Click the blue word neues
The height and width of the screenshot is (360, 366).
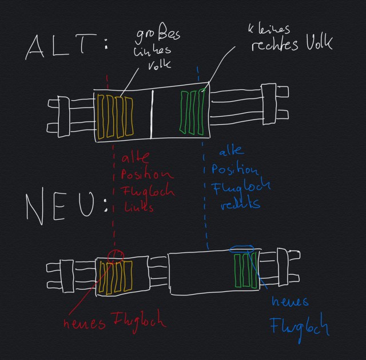coord(291,301)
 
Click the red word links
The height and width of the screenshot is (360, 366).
coord(135,207)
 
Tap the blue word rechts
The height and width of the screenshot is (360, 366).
coord(241,204)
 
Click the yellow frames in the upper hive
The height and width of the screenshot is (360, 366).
coord(115,117)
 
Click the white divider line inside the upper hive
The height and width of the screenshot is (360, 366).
coord(152,114)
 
